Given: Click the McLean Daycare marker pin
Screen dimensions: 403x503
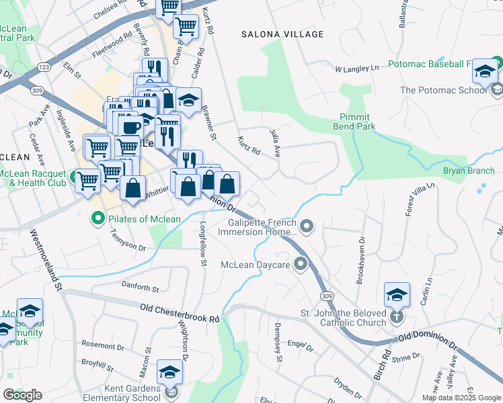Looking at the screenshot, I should click(300, 264).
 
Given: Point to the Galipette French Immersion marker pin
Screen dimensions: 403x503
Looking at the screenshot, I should click(307, 227).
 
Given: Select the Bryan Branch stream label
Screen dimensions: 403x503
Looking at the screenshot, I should click(468, 171).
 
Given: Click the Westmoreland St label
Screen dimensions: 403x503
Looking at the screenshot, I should click(45, 261).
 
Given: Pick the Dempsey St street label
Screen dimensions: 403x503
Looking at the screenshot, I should click(278, 341).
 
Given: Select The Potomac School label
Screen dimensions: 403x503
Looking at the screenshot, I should click(443, 90).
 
